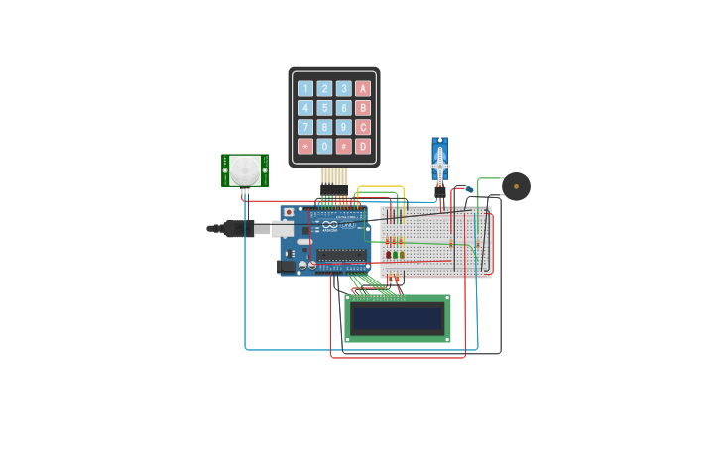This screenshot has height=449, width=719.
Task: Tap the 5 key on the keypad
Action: (324, 108)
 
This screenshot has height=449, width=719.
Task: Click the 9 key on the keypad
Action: (344, 127)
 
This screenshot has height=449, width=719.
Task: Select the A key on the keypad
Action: (363, 89)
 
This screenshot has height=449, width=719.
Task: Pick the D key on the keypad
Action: (363, 146)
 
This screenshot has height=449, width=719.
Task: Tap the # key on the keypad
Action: (344, 146)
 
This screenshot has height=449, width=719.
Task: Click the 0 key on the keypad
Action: (324, 146)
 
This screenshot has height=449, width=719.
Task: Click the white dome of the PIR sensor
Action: (245, 170)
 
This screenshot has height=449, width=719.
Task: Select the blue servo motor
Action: (439, 162)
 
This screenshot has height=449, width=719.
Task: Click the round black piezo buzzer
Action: (516, 186)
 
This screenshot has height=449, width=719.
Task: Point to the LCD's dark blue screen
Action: (398, 319)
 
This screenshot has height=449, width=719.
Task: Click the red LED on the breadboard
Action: (388, 255)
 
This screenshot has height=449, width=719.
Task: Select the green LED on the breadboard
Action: (395, 255)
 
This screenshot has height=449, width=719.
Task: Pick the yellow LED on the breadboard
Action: (402, 255)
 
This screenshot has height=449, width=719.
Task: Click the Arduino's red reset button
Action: (289, 212)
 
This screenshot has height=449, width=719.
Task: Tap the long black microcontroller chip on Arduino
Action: (340, 255)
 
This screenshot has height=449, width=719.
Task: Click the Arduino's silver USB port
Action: (284, 229)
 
